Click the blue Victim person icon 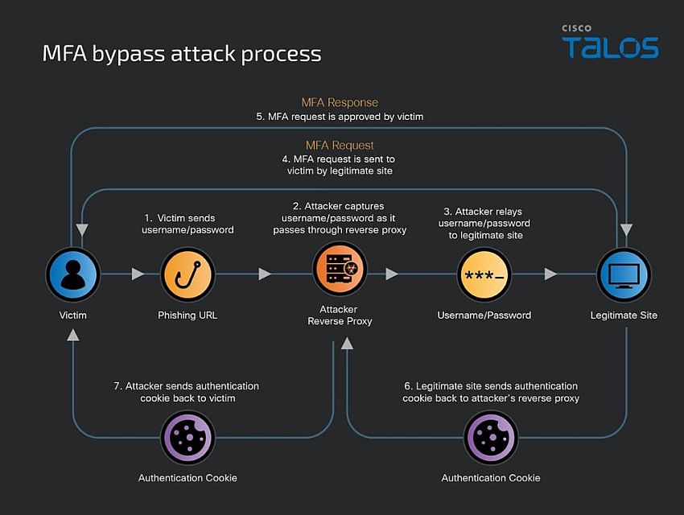coord(72,275)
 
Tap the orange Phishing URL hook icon coord(187,275)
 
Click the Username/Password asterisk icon coord(484,275)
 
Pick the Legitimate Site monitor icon coord(624,275)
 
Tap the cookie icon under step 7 coord(187,438)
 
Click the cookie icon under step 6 coord(491,438)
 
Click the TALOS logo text coord(610,47)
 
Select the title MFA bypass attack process coord(181,54)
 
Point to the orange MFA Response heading coord(340,102)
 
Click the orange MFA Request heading coord(340,146)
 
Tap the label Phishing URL coord(187,315)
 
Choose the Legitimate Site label coord(624,315)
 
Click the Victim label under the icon coord(72,315)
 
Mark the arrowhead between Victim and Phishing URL coord(138,274)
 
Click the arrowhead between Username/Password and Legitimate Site coord(550,274)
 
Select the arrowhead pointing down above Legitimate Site coord(625,229)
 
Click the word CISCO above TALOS coord(576,28)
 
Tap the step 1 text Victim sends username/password coord(187,224)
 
